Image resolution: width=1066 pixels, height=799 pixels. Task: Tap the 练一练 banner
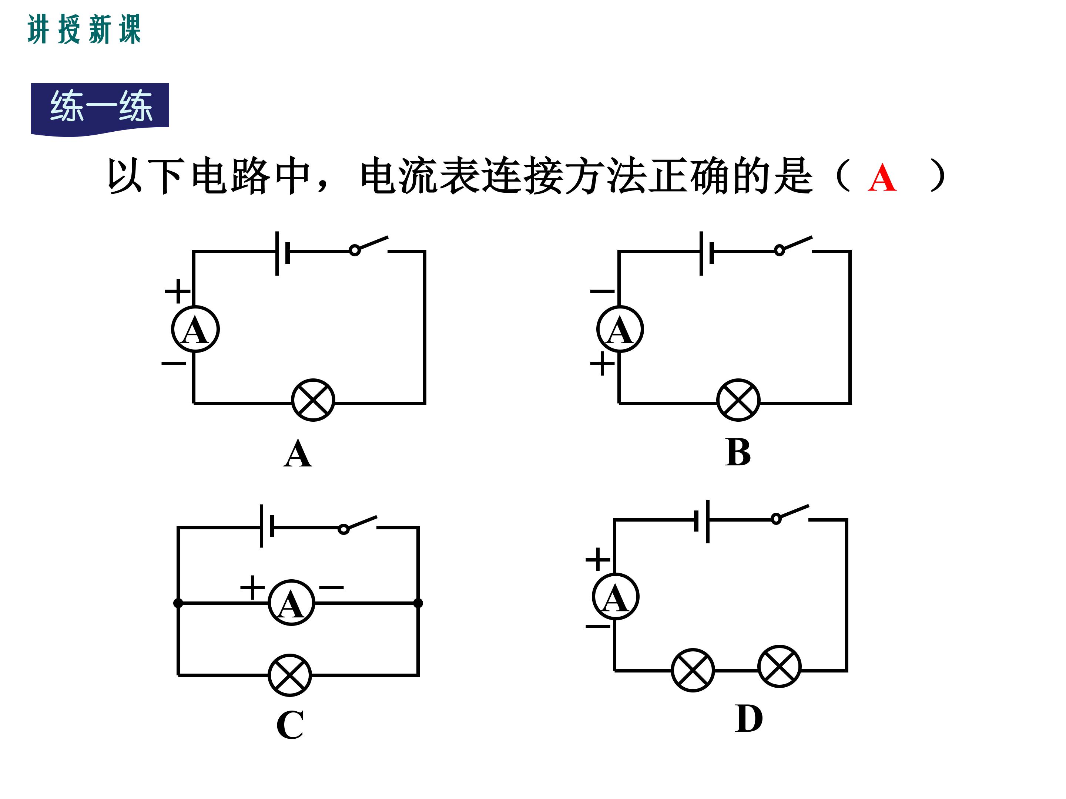click(100, 107)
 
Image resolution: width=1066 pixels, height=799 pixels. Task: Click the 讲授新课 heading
click(84, 29)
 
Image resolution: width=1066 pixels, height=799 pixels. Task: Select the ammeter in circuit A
click(195, 330)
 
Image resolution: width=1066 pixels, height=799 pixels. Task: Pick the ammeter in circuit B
click(620, 330)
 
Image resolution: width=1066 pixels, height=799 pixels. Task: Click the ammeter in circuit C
click(291, 603)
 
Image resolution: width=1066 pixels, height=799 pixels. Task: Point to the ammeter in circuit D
click(616, 597)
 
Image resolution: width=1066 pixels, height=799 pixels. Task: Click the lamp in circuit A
click(313, 400)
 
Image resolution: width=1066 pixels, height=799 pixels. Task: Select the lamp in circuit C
click(289, 675)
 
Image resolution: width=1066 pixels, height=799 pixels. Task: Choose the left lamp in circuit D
click(693, 670)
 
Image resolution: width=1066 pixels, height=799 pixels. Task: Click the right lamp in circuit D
click(779, 667)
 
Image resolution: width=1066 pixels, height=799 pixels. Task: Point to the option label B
click(737, 453)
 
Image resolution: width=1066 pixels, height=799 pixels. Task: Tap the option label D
click(748, 719)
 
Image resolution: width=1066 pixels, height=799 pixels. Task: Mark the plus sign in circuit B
click(602, 363)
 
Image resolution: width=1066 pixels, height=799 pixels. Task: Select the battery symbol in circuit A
click(282, 253)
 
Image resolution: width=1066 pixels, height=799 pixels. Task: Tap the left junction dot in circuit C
click(178, 603)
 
